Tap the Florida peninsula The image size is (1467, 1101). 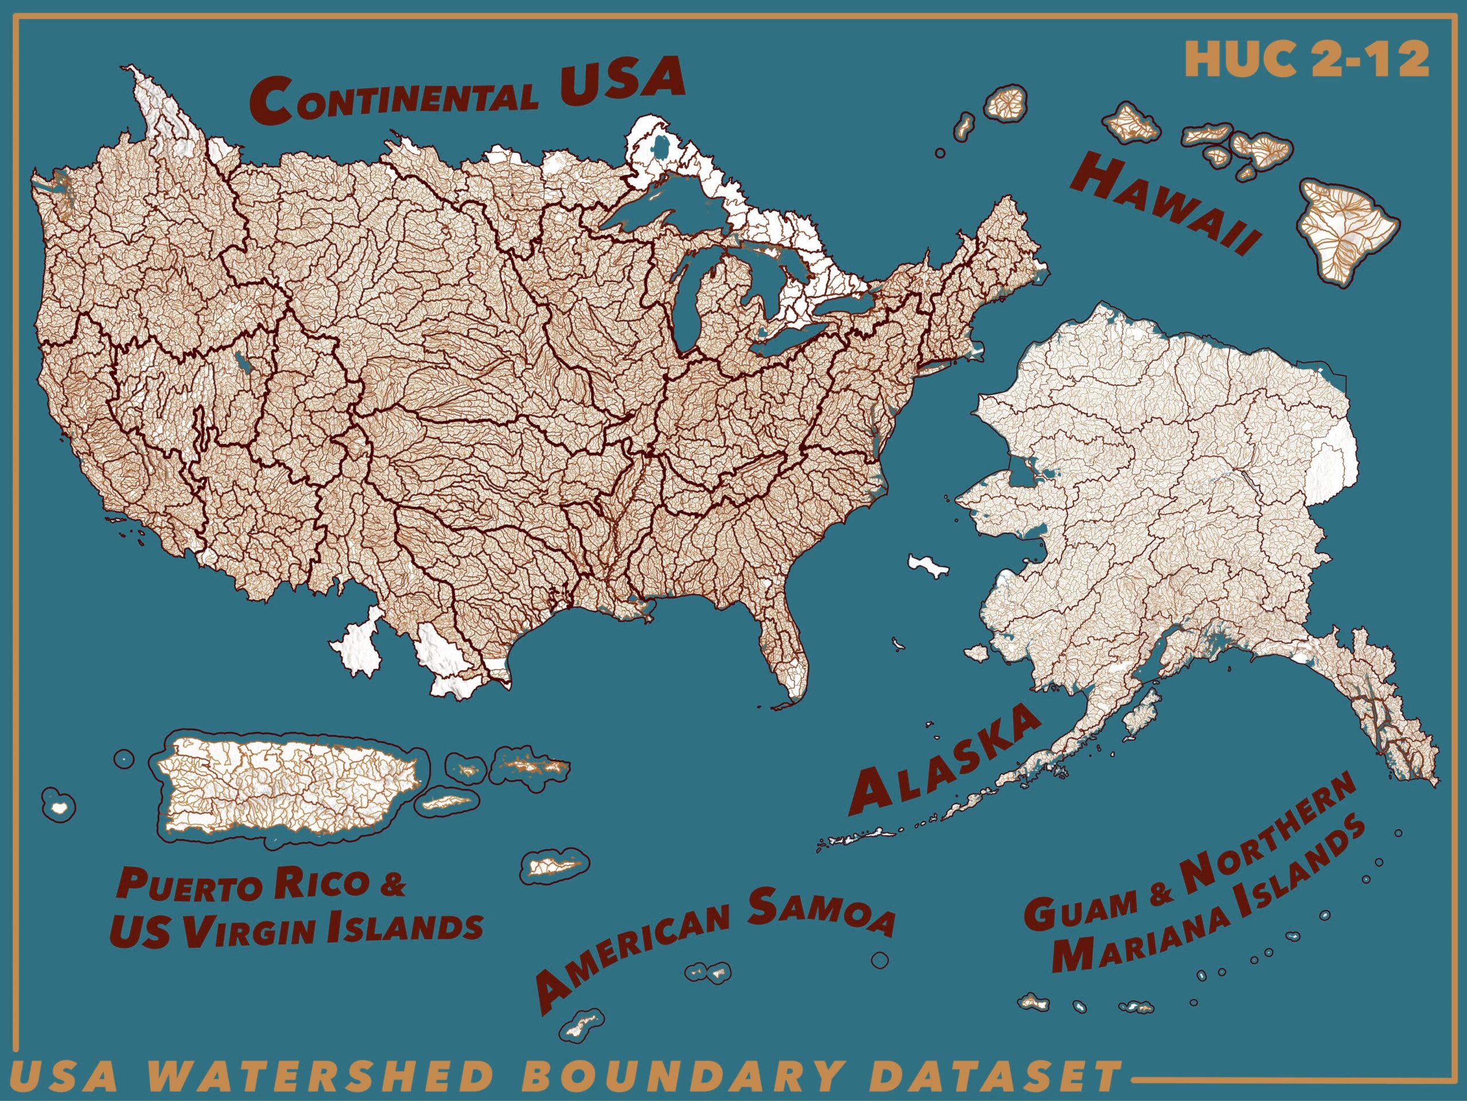[786, 656]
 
